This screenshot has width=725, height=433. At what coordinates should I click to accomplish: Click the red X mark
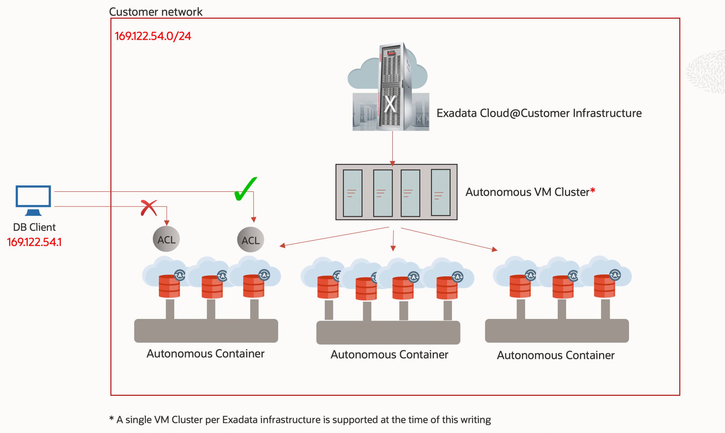[x=149, y=208]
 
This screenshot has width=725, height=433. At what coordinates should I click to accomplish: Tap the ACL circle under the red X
[x=166, y=239]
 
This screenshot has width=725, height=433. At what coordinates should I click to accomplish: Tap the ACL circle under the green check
[x=251, y=240]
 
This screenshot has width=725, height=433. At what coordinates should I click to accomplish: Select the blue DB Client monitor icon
[x=33, y=200]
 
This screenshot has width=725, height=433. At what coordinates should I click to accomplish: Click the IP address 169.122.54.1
[x=34, y=242]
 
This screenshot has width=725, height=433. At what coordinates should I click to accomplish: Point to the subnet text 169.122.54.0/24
[x=153, y=36]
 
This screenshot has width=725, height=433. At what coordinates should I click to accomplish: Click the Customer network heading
[x=156, y=12]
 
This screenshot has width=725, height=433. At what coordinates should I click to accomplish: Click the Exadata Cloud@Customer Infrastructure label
[x=539, y=113]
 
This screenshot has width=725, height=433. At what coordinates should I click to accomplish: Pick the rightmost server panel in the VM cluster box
[x=440, y=192]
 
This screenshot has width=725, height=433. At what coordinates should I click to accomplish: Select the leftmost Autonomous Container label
[x=205, y=354]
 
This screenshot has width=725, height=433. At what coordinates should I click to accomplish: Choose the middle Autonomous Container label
[x=389, y=355]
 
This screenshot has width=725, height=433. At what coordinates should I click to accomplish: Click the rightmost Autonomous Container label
[x=556, y=355]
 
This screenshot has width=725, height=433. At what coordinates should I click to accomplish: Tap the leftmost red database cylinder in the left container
[x=169, y=286]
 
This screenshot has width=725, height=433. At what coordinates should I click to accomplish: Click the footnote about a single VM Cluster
[x=300, y=420]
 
